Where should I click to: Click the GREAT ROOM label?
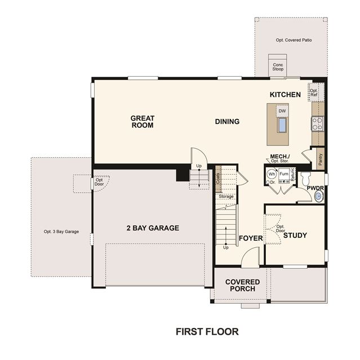[143, 122]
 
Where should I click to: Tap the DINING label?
[227, 122]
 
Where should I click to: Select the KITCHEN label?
[285, 95]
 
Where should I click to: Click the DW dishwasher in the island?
[282, 111]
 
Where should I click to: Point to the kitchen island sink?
[282, 125]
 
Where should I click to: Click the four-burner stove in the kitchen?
[317, 123]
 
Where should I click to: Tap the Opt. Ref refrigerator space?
[314, 92]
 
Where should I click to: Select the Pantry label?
[321, 159]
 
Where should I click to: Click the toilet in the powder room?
[305, 179]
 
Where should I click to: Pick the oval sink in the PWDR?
[319, 197]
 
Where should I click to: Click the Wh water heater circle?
[272, 174]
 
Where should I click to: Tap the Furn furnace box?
[284, 176]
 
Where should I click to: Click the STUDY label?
[295, 235]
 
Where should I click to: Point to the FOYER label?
[251, 238]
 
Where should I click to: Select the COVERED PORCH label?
[242, 285]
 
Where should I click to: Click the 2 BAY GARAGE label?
[153, 228]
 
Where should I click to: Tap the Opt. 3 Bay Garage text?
[61, 232]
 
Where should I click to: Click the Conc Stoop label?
[278, 67]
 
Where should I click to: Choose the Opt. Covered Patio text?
[294, 40]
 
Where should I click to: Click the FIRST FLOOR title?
[207, 332]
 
